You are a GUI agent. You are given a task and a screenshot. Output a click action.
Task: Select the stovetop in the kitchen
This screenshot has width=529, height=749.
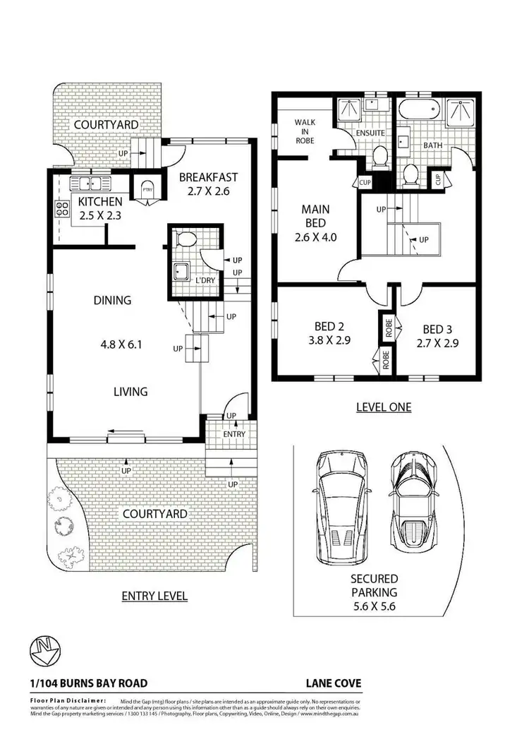coord(59,210)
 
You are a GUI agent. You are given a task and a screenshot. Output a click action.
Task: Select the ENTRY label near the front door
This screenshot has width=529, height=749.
coord(234,433)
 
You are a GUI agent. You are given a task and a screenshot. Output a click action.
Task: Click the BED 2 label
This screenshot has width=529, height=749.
coord(328,327)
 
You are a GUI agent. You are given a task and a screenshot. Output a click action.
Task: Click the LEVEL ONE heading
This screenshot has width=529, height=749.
coord(383,407)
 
